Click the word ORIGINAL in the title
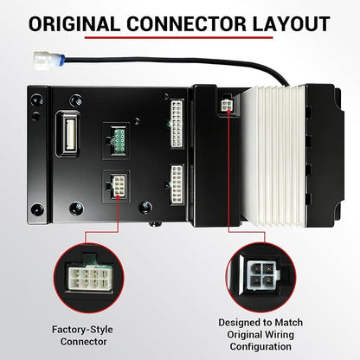pos(74,23)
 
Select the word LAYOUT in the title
pos(292,23)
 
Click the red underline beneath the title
pos(178,37)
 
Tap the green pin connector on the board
pos(119,140)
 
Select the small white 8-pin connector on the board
pos(119,186)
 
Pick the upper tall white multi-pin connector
pos(177,124)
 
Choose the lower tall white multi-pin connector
pos(177,183)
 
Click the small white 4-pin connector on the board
pos(227,106)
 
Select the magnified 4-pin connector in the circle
pos(261,276)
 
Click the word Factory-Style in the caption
pos(82,330)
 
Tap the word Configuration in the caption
pos(260,346)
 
